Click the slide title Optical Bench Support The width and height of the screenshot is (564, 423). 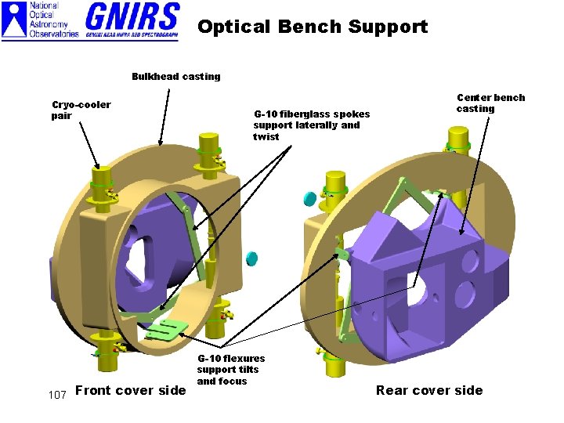(313, 27)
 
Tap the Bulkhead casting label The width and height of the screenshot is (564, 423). (175, 77)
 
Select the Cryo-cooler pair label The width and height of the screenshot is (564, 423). (81, 110)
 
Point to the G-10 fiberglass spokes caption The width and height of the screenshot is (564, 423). (311, 125)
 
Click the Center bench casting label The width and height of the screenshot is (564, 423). (490, 103)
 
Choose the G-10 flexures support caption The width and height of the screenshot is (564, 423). (230, 370)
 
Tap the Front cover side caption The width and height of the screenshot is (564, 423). (130, 390)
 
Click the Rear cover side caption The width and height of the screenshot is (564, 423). (429, 390)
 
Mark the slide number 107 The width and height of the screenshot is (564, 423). (56, 394)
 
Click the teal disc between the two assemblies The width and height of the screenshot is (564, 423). (252, 258)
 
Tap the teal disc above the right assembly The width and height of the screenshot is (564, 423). (309, 199)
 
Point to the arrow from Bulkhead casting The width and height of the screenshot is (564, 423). (165, 114)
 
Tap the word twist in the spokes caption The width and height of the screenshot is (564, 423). (266, 137)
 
